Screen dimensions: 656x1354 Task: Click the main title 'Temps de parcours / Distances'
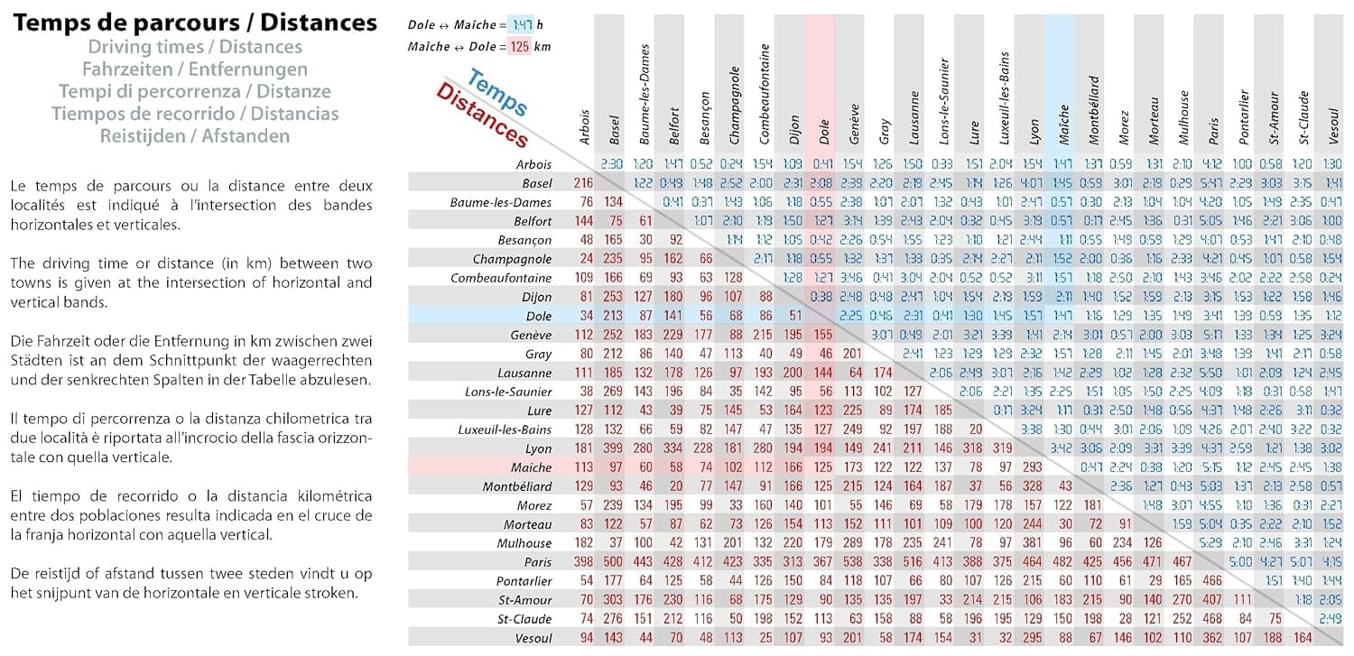195,23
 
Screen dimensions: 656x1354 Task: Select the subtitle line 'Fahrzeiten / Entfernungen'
195,69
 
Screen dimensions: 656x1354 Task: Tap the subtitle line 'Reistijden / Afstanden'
195,136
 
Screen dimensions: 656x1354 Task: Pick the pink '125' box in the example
518,46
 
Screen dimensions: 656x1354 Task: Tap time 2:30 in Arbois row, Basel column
612,164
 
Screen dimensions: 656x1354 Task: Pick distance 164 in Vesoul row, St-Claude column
1303,637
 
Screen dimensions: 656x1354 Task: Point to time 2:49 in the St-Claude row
1331,618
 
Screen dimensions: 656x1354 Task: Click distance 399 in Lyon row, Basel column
613,448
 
